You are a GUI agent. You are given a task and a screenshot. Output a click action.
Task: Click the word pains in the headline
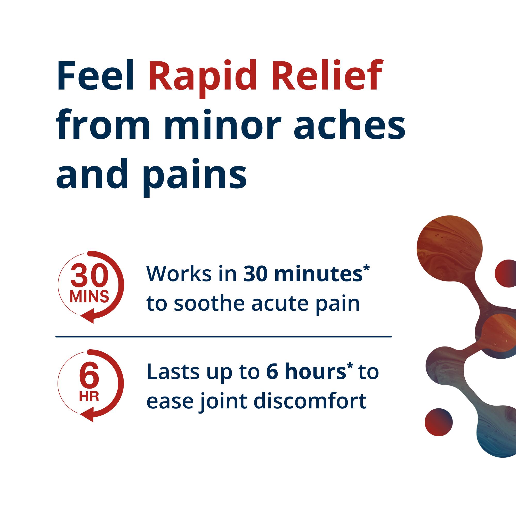[196, 175]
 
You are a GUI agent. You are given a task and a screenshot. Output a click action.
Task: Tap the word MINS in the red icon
[89, 296]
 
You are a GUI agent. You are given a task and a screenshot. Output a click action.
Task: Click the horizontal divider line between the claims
[223, 337]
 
